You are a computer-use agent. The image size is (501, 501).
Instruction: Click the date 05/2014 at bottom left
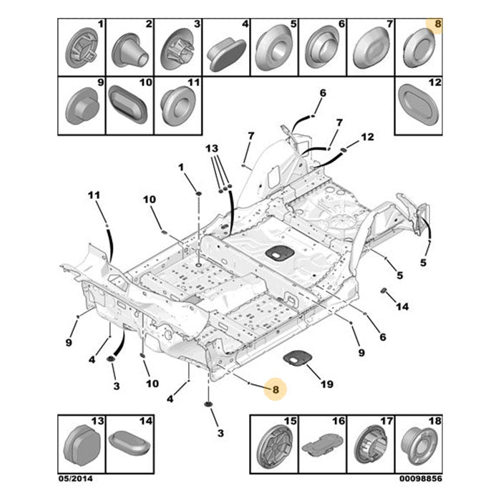pos(75,478)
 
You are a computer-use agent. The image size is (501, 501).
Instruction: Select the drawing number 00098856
pos(421,478)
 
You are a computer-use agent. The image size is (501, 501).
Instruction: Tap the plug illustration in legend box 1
pos(81,48)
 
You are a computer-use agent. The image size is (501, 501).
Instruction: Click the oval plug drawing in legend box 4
pos(228,54)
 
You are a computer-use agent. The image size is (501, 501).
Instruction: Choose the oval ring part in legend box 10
pos(128,104)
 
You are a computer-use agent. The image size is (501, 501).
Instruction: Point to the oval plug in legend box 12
pos(418,104)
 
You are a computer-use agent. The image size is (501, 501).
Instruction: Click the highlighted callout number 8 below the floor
pos(276,389)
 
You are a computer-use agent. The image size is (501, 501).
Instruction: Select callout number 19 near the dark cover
pos(327,384)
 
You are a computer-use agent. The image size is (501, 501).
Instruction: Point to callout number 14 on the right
pos(402,306)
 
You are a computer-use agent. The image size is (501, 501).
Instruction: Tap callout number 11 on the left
pos(94,195)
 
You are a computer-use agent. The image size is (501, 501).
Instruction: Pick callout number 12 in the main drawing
pos(367,137)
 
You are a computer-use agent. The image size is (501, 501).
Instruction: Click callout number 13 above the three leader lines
pos(212,148)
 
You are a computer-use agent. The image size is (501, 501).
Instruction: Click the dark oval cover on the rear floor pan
pos(280,253)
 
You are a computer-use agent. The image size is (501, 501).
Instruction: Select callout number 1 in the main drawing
pos(181,167)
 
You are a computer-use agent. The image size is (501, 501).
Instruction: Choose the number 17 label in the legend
pos(386,421)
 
